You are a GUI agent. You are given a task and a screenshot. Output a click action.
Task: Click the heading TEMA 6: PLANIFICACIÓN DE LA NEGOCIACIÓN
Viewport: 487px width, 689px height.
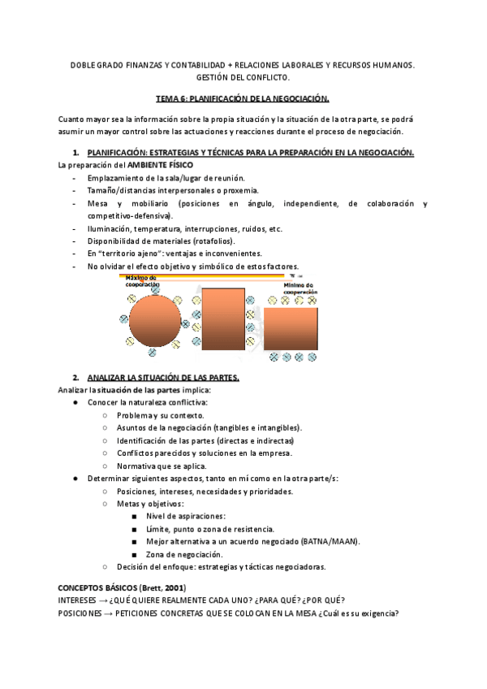[x=243, y=97]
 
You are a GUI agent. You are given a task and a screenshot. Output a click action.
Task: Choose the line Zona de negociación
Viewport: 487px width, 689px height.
[x=184, y=554]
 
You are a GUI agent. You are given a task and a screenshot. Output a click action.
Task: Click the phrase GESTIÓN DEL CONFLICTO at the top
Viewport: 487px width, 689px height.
[x=243, y=76]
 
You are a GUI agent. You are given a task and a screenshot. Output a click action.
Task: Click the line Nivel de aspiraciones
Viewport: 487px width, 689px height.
[x=186, y=516]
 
